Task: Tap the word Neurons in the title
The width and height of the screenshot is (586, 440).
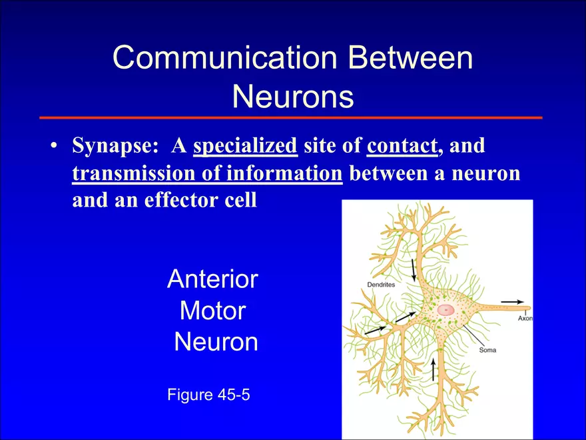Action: click(x=292, y=98)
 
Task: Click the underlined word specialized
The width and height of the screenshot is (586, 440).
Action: click(x=245, y=145)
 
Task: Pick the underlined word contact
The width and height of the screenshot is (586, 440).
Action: click(x=402, y=145)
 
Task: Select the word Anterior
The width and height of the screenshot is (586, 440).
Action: click(x=212, y=279)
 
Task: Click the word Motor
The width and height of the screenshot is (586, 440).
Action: click(x=212, y=311)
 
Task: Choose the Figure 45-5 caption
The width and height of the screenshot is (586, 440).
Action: click(x=208, y=395)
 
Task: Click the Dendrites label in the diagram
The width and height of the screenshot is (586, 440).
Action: click(x=381, y=285)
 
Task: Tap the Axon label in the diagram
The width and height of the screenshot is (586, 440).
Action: click(x=525, y=319)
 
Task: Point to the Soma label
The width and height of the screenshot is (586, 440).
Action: click(x=487, y=350)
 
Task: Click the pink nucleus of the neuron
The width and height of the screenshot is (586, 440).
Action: click(x=445, y=309)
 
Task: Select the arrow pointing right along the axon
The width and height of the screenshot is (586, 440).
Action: click(x=512, y=301)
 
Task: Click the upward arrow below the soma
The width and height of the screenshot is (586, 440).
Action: click(x=434, y=369)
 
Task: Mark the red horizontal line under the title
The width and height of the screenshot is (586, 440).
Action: click(x=290, y=117)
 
